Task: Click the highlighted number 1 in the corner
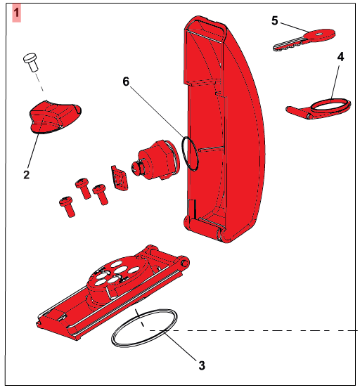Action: pos(17,13)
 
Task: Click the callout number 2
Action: pos(27,174)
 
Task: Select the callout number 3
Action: pos(202,365)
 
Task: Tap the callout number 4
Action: pos(340,57)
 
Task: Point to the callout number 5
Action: pos(274,20)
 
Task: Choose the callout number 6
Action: pos(126,82)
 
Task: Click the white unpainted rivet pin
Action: pos(31,62)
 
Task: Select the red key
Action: pos(304,39)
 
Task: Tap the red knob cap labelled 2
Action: pos(56,117)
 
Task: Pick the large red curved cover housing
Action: pos(224,129)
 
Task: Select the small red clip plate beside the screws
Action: pos(120,177)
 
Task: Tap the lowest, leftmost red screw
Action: pos(67,207)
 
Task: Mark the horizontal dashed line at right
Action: pos(253,330)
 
